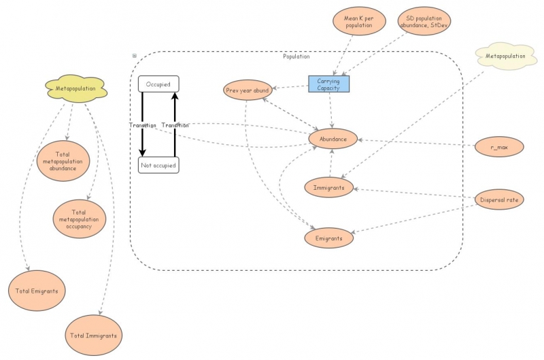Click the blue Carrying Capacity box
click(x=328, y=84)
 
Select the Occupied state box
click(x=158, y=84)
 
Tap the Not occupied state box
click(x=158, y=165)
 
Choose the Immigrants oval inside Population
click(x=329, y=187)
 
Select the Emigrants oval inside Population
click(x=328, y=238)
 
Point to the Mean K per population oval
click(x=358, y=20)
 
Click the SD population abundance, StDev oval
click(x=424, y=20)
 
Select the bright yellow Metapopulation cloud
click(x=75, y=88)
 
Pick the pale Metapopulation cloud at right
click(x=504, y=56)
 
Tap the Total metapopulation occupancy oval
click(x=80, y=218)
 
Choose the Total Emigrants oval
click(x=37, y=291)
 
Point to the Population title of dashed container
click(x=296, y=56)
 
